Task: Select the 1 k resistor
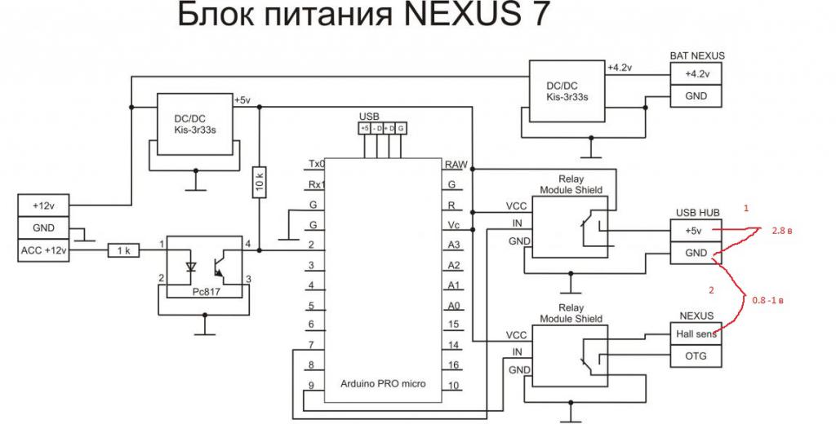click(124, 252)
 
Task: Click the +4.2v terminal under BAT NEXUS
click(696, 73)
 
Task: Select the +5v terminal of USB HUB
click(696, 232)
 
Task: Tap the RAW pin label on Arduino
click(455, 163)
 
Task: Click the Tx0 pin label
click(316, 163)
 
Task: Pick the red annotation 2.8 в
click(783, 232)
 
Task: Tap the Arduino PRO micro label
click(382, 384)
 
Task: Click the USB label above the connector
click(369, 117)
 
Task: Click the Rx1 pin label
click(316, 183)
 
